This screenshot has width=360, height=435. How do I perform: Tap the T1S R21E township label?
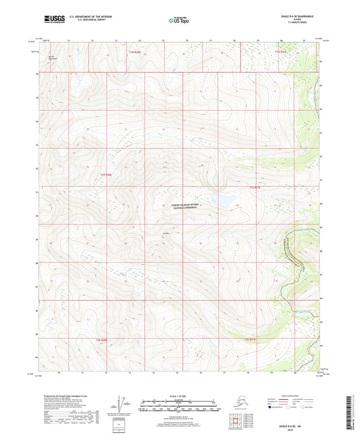tap(254, 186)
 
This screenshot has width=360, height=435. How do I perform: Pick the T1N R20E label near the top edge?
tap(135, 51)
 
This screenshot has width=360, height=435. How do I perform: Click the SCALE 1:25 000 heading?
tap(180, 396)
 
